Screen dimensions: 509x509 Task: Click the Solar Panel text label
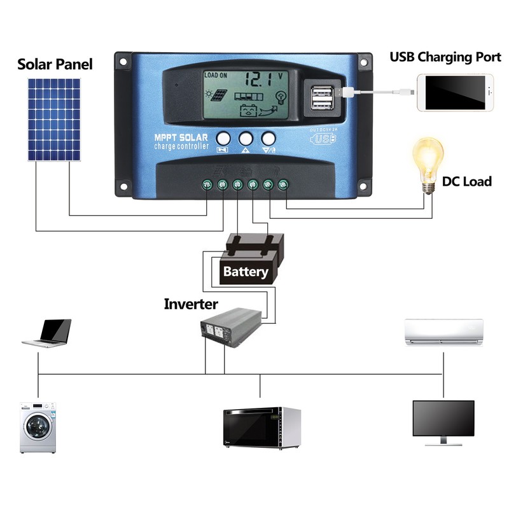[55, 64]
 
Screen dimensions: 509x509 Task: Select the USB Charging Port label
[445, 57]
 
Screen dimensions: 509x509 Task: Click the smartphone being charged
[455, 93]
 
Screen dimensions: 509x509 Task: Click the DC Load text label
[467, 182]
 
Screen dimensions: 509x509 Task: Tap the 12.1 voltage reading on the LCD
[259, 80]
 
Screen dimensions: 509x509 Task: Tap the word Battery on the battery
[246, 272]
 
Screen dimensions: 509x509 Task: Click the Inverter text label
[191, 304]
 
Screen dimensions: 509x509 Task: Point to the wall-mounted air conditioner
[444, 331]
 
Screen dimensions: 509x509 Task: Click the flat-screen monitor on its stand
[443, 422]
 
